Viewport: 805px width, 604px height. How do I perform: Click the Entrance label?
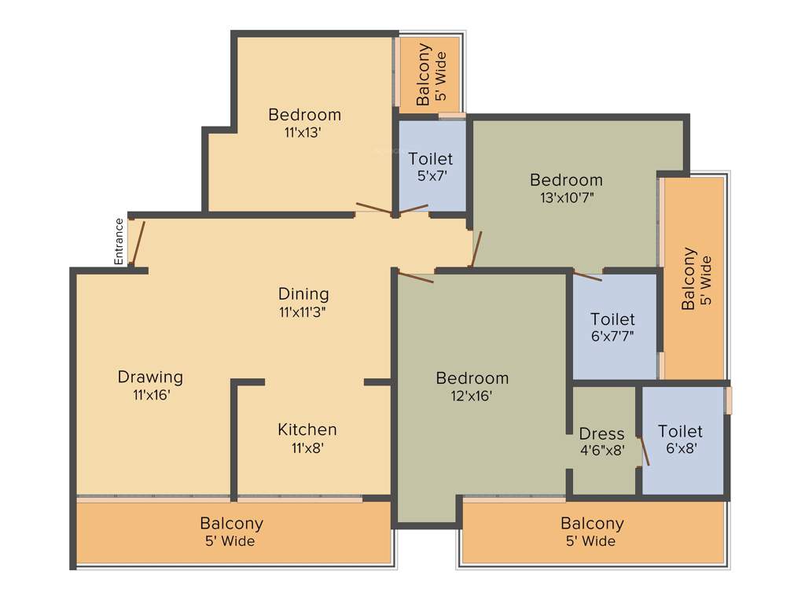coord(119,241)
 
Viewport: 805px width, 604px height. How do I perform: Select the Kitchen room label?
coord(307,429)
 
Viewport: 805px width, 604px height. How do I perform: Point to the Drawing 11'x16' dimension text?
coord(152,396)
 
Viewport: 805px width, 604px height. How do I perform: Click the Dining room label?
coord(303,294)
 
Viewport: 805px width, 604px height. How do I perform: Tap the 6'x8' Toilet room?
coord(681,439)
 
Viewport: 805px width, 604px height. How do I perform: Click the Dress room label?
coord(601,434)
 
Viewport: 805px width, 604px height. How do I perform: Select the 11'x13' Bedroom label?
coord(304,115)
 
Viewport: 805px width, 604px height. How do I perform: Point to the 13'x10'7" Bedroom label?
coord(566,180)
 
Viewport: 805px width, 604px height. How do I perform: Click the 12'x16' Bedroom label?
coord(472,378)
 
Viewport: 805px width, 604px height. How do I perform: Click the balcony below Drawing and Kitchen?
coord(232,531)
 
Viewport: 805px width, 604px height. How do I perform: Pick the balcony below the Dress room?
coord(592,531)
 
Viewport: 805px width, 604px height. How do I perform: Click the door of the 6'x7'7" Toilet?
coord(587,275)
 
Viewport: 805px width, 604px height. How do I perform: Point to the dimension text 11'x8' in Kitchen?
coord(307,448)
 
